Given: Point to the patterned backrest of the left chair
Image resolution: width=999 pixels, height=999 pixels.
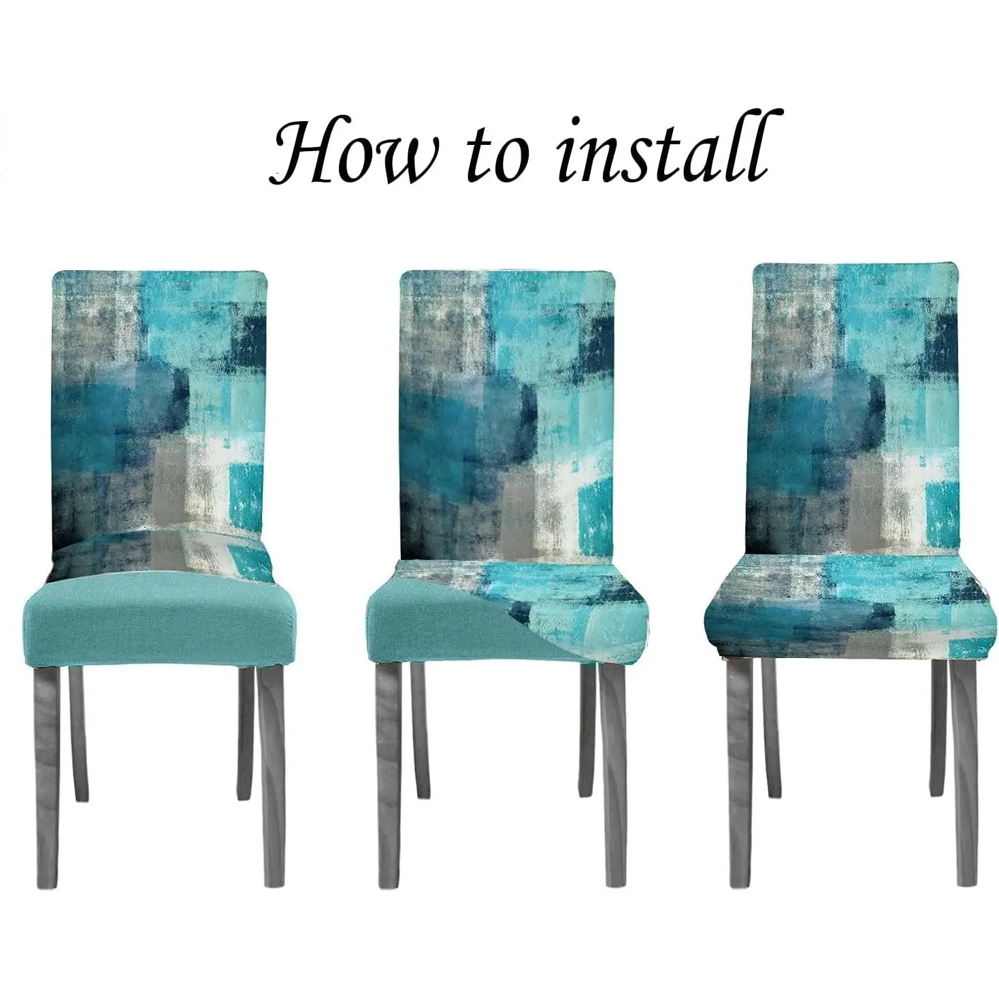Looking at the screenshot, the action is [159, 404].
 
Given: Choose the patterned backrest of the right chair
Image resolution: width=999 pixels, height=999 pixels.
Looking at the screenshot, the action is [853, 410].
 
